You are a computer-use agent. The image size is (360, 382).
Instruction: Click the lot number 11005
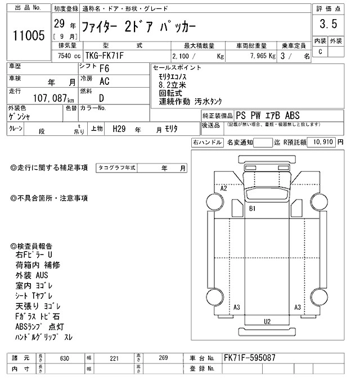(28, 37)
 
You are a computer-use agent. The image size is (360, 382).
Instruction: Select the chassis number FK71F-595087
(249, 358)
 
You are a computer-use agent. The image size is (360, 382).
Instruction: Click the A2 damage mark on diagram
(224, 188)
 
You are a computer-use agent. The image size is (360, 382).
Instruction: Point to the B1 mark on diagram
(253, 208)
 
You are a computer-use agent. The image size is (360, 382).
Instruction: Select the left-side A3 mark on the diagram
(237, 307)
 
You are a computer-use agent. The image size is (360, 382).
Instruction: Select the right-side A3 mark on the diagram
(298, 307)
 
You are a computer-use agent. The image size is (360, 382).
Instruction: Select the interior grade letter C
(321, 52)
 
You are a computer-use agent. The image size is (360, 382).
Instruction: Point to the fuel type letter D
(101, 97)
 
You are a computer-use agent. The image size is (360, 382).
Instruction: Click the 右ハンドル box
(207, 143)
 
